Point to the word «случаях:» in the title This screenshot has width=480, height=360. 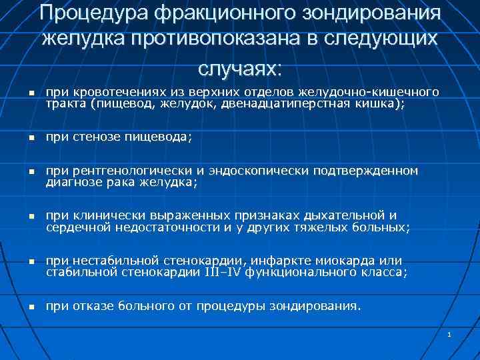(x=239, y=66)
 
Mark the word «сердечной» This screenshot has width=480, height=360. (x=73, y=228)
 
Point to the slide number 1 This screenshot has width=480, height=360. (x=450, y=333)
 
